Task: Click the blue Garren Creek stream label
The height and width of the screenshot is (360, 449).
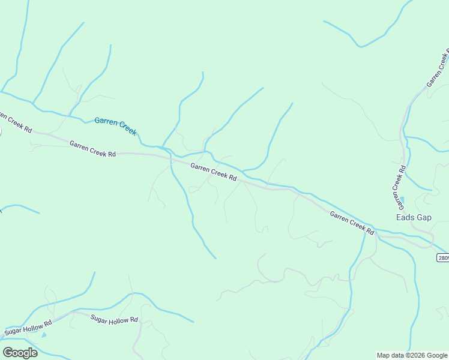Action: [115, 125]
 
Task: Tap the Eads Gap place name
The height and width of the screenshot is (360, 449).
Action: [414, 217]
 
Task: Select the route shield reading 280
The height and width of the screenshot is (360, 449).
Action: [442, 257]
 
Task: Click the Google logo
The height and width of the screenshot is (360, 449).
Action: [20, 353]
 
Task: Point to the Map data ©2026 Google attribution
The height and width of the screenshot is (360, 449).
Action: [411, 355]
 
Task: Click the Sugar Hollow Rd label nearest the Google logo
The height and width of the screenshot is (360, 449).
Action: [28, 328]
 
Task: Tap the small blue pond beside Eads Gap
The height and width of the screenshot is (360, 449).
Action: [402, 200]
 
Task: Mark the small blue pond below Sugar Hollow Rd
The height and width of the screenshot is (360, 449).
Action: [43, 335]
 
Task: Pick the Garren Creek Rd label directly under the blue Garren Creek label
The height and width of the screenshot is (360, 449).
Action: [92, 149]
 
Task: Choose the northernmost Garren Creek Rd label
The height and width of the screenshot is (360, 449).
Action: [438, 70]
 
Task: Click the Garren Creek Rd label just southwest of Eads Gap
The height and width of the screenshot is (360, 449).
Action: [352, 223]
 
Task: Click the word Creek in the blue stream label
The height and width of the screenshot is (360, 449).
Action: [127, 128]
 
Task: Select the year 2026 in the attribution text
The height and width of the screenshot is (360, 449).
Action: [416, 355]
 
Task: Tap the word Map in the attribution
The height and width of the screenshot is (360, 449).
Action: [384, 355]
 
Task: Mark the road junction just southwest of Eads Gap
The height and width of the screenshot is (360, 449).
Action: [375, 234]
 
